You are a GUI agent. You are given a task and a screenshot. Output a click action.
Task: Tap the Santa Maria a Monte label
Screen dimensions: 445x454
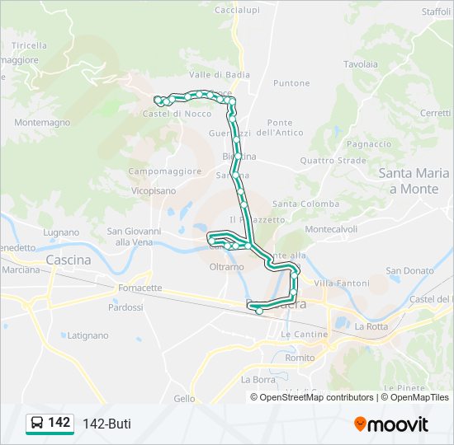pyautogui.click(x=414, y=180)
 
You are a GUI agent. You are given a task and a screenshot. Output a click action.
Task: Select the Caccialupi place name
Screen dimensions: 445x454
pyautogui.click(x=237, y=10)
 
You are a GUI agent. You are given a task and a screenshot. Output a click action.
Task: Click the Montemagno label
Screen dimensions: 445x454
pyautogui.click(x=42, y=121)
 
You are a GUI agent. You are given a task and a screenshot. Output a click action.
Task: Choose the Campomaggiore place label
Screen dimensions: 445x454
pyautogui.click(x=165, y=171)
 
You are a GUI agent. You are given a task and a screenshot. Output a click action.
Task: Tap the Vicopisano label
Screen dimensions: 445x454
pyautogui.click(x=153, y=190)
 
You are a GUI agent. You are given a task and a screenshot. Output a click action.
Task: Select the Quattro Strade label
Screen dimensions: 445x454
pyautogui.click(x=333, y=161)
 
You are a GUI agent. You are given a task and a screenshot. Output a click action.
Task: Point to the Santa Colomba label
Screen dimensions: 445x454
pyautogui.click(x=305, y=204)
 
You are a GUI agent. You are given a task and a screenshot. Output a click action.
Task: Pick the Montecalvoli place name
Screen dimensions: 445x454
pyautogui.click(x=331, y=228)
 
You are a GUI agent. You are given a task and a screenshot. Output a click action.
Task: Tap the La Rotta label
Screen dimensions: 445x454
pyautogui.click(x=371, y=326)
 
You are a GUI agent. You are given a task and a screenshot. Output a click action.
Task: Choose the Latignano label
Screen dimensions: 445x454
pyautogui.click(x=87, y=335)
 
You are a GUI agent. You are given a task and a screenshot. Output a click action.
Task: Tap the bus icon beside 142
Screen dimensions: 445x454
pyautogui.click(x=37, y=424)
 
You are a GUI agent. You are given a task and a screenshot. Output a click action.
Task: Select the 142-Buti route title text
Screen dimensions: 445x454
pyautogui.click(x=106, y=424)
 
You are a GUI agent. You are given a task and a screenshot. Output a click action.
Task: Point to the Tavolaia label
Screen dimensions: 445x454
pyautogui.click(x=361, y=63)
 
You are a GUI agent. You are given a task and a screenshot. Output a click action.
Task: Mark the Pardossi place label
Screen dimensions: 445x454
pyautogui.click(x=125, y=307)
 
